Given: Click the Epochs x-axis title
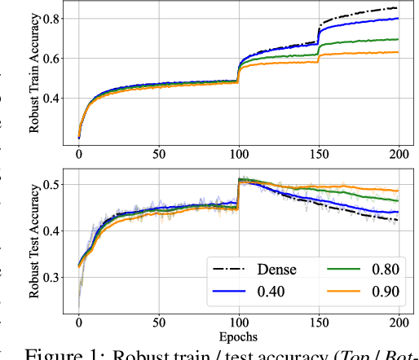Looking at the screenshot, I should [239, 334].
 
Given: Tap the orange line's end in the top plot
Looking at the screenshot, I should [398, 52].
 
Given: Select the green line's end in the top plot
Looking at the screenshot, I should [398, 39].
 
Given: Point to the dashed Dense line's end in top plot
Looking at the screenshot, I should [398, 8].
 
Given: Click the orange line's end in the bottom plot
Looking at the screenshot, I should [398, 191].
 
